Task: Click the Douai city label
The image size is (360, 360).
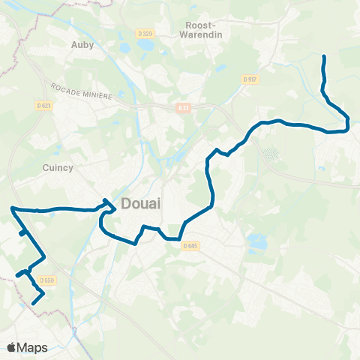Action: (x=140, y=204)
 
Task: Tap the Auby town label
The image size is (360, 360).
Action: (x=81, y=44)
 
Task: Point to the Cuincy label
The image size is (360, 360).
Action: (x=58, y=168)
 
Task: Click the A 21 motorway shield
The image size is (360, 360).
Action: (x=184, y=108)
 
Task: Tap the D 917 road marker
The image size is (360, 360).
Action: (x=250, y=79)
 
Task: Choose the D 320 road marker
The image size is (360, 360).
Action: (x=145, y=33)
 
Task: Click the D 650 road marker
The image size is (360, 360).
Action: (x=47, y=280)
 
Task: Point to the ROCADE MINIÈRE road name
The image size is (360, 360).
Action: (x=82, y=91)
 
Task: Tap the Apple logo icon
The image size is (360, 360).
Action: (x=12, y=347)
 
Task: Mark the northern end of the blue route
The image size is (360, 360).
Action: (x=323, y=57)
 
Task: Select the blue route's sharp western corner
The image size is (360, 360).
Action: (x=12, y=208)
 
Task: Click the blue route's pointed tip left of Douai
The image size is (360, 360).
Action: (x=105, y=200)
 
